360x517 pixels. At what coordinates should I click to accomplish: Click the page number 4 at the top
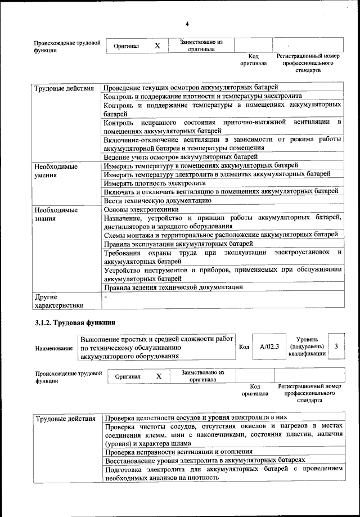[187, 23]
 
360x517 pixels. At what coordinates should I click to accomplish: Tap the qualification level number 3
[336, 347]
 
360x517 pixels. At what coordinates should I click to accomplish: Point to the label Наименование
[54, 349]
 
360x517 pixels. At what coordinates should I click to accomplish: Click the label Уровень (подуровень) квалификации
[307, 347]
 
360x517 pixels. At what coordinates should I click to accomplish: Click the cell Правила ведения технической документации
[174, 287]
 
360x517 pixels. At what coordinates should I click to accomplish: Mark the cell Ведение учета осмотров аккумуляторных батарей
[181, 156]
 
